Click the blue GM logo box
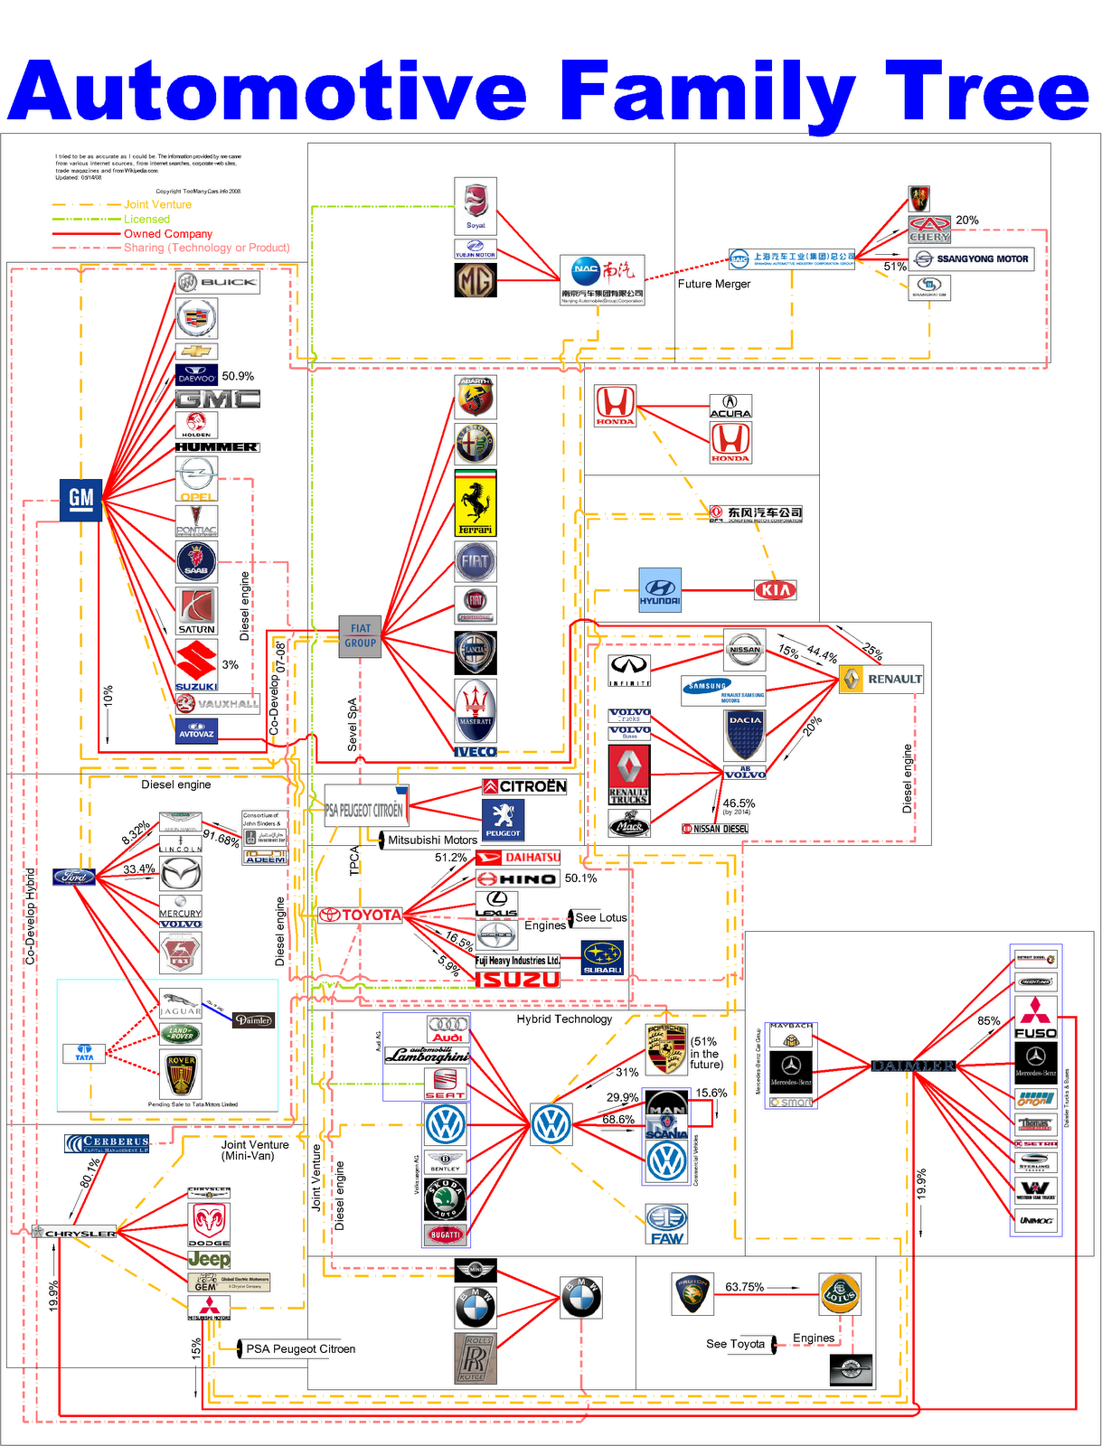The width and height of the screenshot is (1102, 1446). click(x=80, y=499)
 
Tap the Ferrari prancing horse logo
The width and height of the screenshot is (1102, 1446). click(x=476, y=502)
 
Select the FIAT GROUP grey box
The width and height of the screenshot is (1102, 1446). click(x=360, y=635)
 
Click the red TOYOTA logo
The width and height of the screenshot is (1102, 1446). click(x=361, y=915)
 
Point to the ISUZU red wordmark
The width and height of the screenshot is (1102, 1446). click(x=517, y=980)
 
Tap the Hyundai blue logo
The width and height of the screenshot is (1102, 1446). click(x=660, y=590)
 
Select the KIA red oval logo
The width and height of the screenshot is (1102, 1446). click(x=775, y=590)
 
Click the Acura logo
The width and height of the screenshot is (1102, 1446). click(x=730, y=407)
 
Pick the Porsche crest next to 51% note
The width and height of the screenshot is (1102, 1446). click(x=666, y=1049)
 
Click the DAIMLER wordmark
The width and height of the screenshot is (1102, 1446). click(x=913, y=1066)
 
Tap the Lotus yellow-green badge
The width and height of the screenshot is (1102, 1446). click(x=840, y=1294)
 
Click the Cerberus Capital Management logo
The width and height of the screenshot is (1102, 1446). click(x=107, y=1143)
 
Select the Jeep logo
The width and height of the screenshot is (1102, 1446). click(x=209, y=1259)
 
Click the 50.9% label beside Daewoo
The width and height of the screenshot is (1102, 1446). click(x=238, y=376)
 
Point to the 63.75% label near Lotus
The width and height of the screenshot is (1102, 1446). click(x=744, y=1287)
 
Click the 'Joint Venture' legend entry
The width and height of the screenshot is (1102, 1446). click(x=157, y=205)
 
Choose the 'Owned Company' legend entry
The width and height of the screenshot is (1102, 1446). click(x=168, y=234)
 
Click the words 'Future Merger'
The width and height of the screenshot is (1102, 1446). click(x=714, y=284)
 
